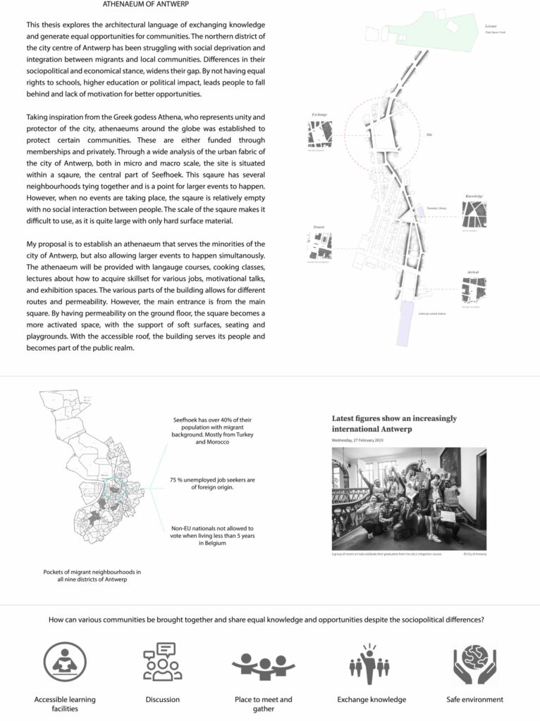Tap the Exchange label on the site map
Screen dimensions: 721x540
click(319, 114)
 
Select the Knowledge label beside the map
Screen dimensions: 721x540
click(474, 196)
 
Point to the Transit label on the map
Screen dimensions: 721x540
click(319, 227)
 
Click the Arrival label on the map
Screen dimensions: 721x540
click(472, 271)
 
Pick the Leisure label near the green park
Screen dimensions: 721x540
click(491, 25)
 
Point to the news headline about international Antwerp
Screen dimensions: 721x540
click(394, 423)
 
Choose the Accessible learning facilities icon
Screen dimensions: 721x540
click(65, 662)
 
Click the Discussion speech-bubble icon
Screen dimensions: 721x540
click(162, 662)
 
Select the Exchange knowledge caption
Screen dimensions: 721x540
click(372, 699)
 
